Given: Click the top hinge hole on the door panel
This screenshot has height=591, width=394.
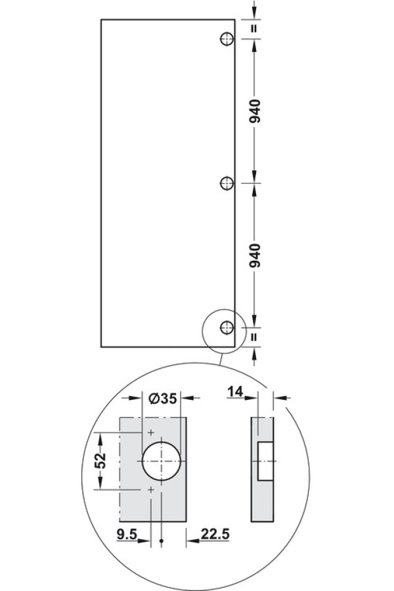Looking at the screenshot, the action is [226, 39].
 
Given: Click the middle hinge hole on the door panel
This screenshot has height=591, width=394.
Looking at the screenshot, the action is [226, 184].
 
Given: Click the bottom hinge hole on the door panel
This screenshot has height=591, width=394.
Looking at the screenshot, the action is [226, 327].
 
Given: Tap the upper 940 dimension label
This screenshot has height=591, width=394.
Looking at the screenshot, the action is [255, 111].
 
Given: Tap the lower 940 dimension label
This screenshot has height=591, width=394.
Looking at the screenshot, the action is [255, 255].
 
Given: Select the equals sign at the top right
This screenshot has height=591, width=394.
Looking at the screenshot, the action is [255, 28].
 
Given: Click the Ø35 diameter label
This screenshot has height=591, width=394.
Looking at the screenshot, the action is [163, 398].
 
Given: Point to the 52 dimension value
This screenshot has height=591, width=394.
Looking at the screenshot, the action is [100, 460].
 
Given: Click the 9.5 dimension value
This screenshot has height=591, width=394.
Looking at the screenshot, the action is [127, 534].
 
